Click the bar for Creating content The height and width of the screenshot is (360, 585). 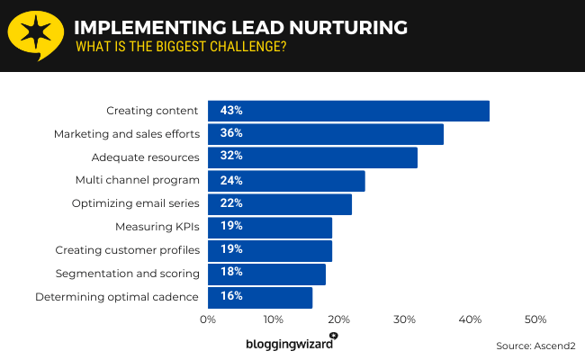coord(348,111)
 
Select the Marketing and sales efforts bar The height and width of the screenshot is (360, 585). coord(326,134)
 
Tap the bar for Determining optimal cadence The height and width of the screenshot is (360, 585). coord(260,297)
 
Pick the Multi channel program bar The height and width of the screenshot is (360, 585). coord(286,181)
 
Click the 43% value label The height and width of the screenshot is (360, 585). coord(231,111)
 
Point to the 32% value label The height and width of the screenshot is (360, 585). coord(231,157)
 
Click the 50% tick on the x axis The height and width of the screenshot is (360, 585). coord(535,320)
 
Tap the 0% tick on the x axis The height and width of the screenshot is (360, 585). coord(208,320)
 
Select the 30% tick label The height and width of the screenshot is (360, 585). coord(404,320)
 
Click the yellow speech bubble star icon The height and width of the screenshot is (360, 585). coord(34,34)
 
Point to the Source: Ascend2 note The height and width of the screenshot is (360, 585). coord(535,346)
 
